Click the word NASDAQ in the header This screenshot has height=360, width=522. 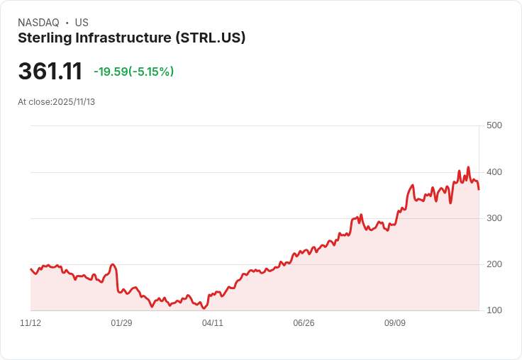point(38,23)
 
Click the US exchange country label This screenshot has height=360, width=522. point(82,23)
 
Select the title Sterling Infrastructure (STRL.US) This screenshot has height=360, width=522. point(131,38)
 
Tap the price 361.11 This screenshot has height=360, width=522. point(50,71)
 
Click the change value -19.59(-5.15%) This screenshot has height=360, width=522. point(133,72)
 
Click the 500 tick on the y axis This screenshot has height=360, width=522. point(494,125)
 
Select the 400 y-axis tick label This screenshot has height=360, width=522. point(494,172)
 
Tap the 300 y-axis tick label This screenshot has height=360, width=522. point(494,218)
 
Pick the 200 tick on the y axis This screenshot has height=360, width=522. point(494,264)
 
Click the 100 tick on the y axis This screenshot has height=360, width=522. point(494,310)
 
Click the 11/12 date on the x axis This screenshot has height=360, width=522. point(30,323)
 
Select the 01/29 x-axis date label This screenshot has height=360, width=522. point(121,323)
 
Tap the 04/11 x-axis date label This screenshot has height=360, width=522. point(213,323)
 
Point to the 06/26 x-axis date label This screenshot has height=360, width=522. point(304,323)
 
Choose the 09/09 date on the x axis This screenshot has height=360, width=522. point(395,323)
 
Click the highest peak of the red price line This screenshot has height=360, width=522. point(468,167)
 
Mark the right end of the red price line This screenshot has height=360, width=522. point(479,189)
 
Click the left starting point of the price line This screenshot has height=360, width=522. point(30,269)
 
